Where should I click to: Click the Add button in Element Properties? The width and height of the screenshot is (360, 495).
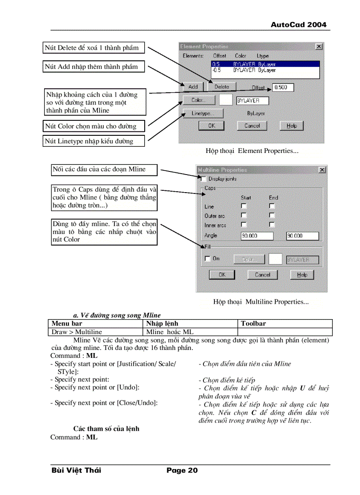193,87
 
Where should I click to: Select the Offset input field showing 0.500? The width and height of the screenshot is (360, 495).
283,87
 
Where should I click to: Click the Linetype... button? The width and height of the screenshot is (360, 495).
203,113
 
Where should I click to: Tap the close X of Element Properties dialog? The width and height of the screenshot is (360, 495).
319,46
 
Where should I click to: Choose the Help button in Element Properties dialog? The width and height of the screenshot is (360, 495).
292,126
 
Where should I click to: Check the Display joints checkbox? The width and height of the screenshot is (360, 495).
203,179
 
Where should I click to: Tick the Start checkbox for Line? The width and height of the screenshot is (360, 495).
244,206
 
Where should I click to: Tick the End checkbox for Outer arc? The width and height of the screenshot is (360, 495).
272,216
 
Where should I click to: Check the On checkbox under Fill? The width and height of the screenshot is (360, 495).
207,259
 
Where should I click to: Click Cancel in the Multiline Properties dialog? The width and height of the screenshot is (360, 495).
262,275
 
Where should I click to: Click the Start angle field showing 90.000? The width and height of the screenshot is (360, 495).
257,236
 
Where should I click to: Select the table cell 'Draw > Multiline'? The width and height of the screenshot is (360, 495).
96,332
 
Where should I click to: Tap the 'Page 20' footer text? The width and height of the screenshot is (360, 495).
182,470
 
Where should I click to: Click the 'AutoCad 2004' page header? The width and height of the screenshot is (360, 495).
298,25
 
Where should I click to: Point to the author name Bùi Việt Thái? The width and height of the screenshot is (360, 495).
76,470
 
